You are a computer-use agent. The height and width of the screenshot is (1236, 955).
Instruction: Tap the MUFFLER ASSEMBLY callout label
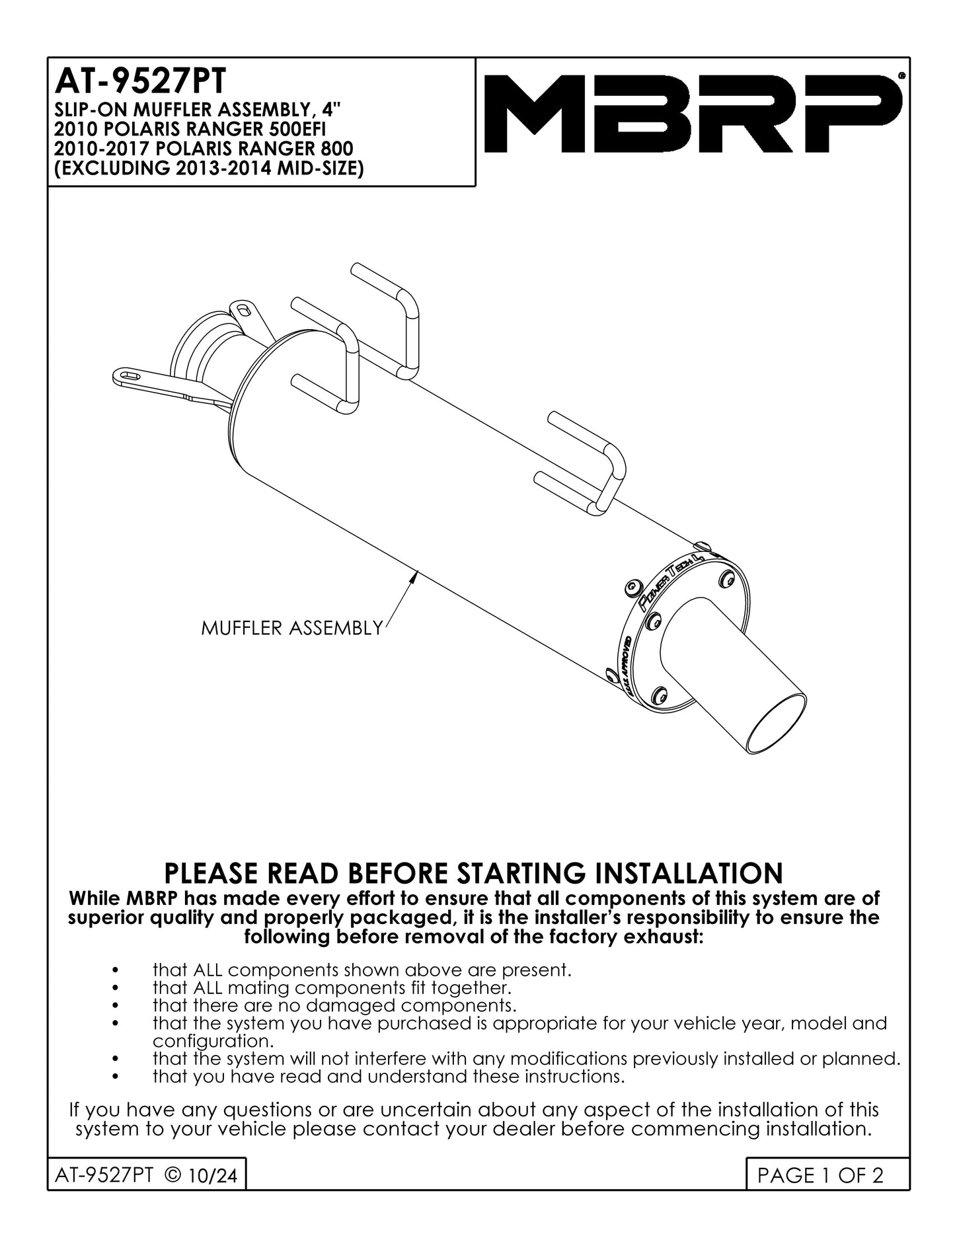(x=291, y=628)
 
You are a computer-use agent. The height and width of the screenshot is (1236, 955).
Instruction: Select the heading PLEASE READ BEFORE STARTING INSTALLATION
(x=473, y=872)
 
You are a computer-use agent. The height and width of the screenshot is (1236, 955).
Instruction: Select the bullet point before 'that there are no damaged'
(x=116, y=1006)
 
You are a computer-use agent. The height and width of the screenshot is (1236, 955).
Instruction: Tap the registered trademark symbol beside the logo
(x=901, y=76)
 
